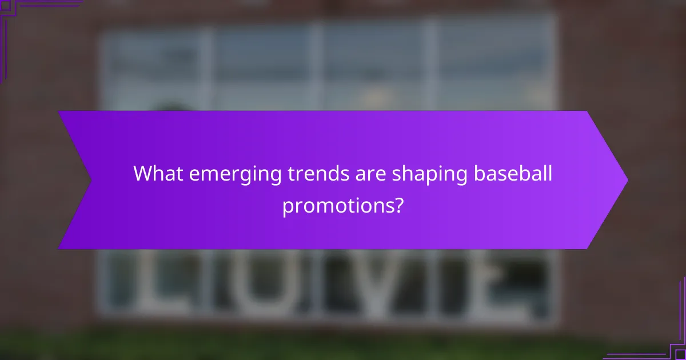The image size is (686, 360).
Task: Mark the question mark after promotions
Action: (x=397, y=205)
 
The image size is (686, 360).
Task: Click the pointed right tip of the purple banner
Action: (x=627, y=180)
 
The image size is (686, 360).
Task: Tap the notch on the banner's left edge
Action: (x=90, y=180)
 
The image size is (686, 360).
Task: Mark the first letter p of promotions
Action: (x=288, y=207)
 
